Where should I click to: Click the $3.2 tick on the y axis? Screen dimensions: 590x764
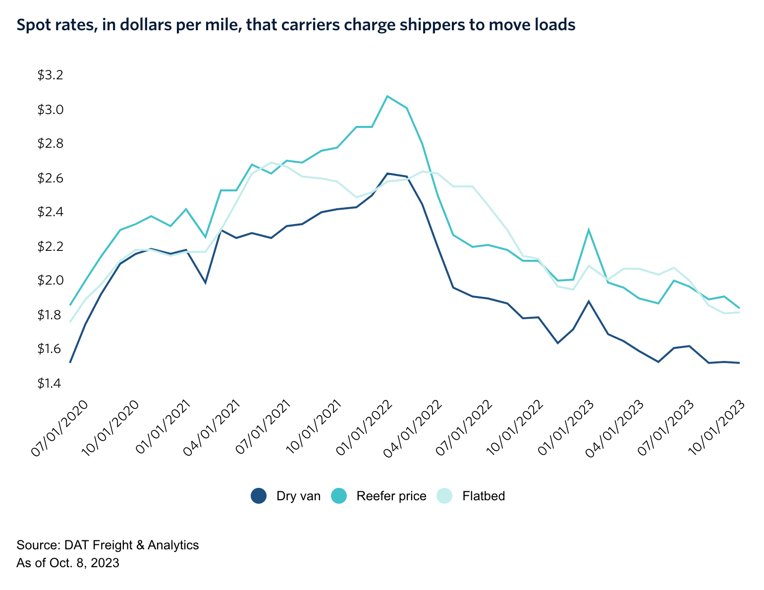pos(51,75)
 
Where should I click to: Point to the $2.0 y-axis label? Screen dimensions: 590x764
pos(51,281)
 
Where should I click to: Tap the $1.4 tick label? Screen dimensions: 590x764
pos(51,383)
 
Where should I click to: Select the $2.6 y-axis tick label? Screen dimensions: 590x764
pos(51,178)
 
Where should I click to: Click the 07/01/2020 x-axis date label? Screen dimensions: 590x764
pos(59,427)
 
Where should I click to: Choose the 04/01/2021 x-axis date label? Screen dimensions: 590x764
pos(212,427)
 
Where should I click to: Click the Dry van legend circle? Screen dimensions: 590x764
pos(259,496)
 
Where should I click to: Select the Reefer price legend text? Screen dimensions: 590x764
pos(391,496)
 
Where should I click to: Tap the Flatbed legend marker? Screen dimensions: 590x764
pos(444,496)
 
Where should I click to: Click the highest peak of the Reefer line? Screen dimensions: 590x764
pos(387,96)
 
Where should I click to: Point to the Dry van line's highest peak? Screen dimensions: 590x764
pos(387,174)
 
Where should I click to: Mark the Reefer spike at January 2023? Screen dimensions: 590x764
pos(589,230)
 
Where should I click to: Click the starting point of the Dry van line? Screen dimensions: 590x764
pos(70,362)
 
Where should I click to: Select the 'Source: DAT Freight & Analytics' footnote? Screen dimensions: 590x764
pos(108,545)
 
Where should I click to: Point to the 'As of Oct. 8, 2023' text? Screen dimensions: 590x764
pos(68,563)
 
